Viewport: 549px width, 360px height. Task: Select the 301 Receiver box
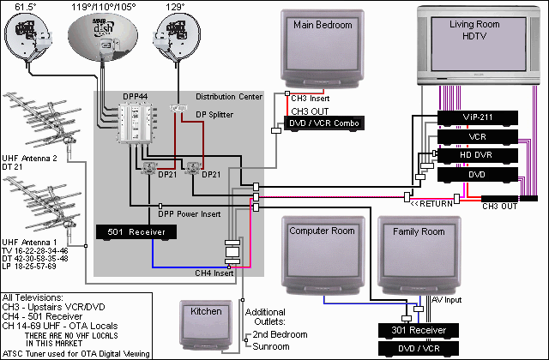point(419,331)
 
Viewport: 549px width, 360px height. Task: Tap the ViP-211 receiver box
point(476,117)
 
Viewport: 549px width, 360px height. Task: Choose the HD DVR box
point(476,154)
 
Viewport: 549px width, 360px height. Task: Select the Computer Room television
point(323,254)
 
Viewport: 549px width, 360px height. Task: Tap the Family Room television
point(418,254)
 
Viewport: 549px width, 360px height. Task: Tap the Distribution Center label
point(229,96)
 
